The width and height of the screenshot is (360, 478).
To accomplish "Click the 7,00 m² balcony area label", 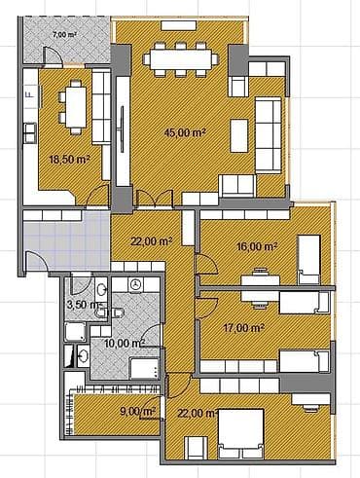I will [65, 34].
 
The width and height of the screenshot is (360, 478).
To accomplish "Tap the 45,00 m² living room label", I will [184, 133].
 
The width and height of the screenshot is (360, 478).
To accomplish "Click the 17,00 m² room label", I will [244, 328].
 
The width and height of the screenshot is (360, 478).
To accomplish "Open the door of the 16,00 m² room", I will [205, 264].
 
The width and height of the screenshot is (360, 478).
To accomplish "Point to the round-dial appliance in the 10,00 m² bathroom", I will [136, 285].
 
